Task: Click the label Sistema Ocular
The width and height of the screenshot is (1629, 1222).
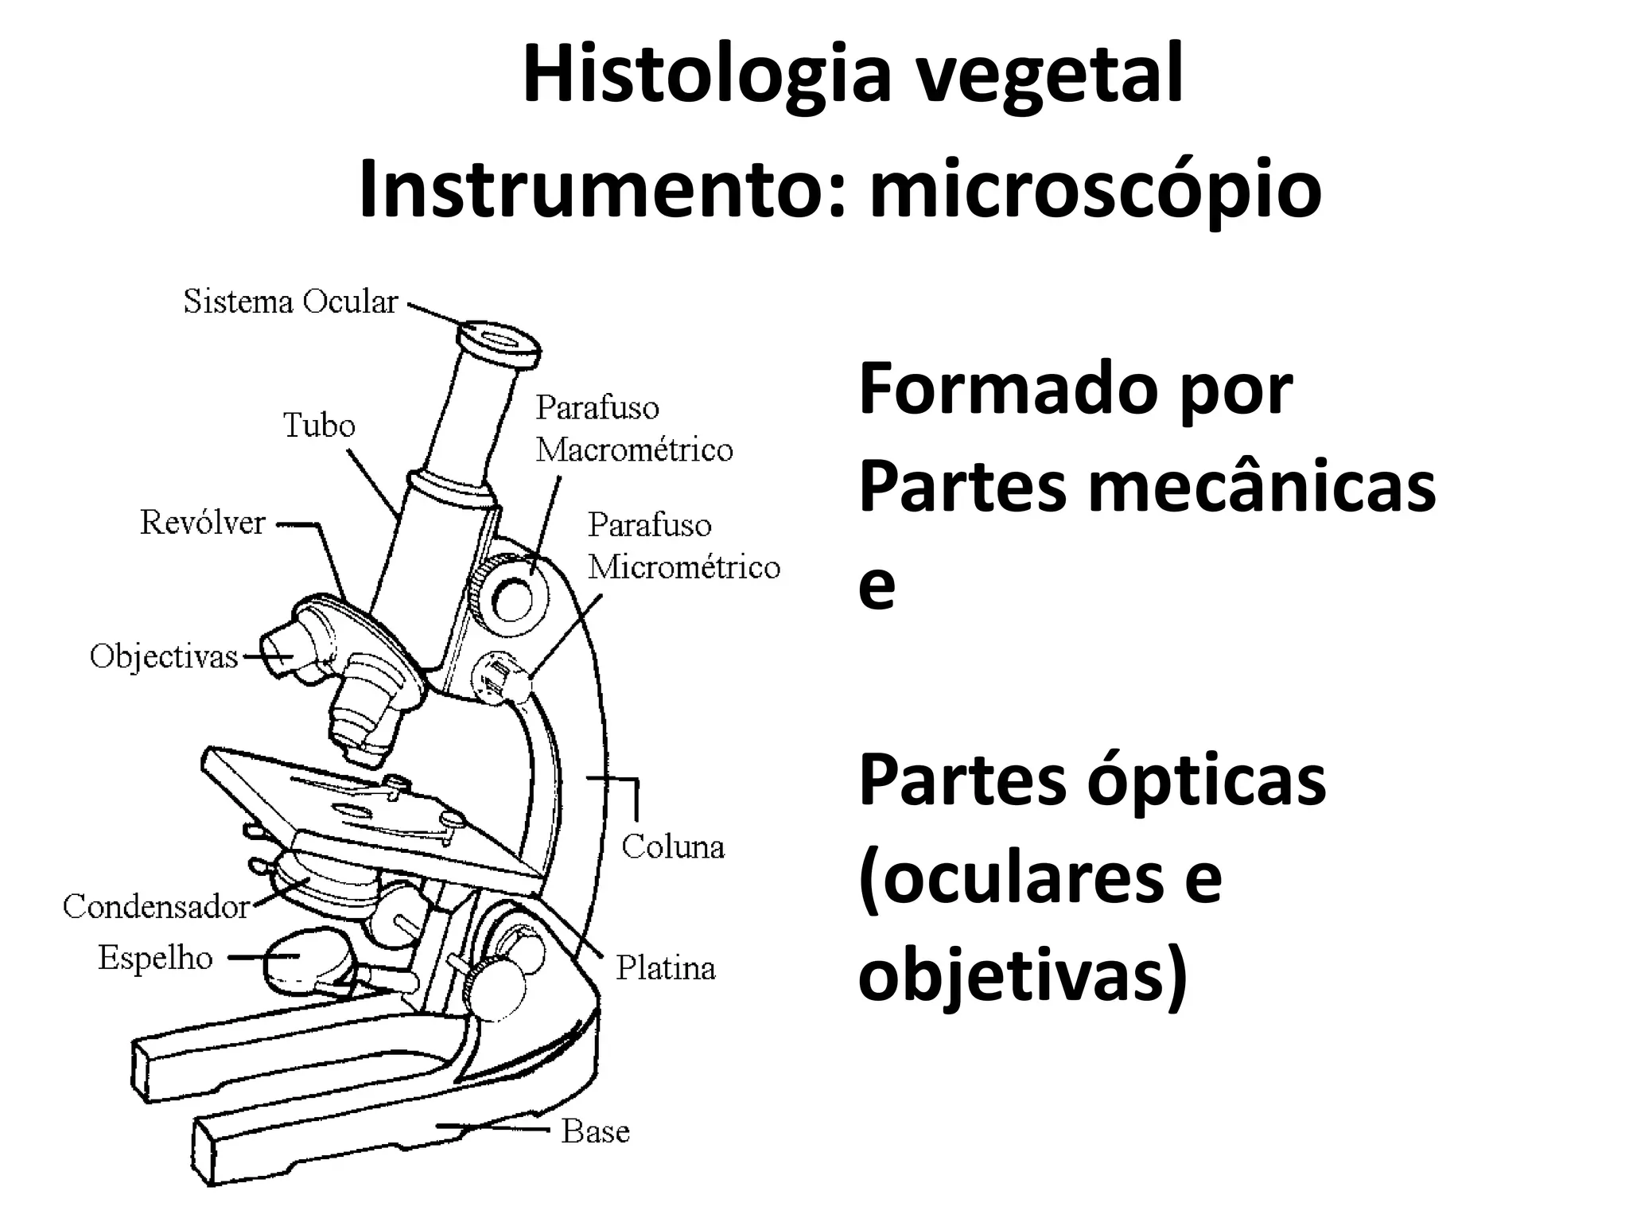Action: [290, 302]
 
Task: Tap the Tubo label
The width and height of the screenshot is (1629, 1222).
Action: [319, 426]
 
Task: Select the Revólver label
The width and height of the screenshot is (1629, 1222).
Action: [202, 523]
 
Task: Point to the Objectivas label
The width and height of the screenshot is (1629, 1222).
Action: [164, 657]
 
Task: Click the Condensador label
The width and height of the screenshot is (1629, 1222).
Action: [156, 906]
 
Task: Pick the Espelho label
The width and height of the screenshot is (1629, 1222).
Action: [155, 958]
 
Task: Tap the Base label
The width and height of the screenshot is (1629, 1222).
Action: [595, 1131]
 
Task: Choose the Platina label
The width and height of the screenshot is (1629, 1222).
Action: [666, 968]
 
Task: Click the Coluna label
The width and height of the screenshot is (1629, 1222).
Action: [673, 846]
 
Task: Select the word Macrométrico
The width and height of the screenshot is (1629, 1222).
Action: [634, 450]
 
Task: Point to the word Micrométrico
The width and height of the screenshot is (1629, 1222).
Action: [684, 567]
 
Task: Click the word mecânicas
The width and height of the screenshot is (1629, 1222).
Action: [1262, 487]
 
